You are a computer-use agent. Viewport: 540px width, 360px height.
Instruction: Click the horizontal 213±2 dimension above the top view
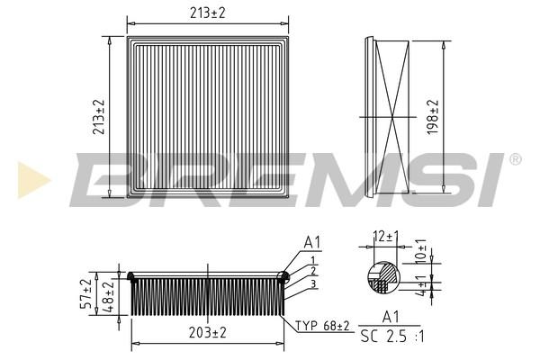pyautogui.click(x=208, y=13)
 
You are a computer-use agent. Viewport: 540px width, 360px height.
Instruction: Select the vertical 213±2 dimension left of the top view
pyautogui.click(x=98, y=117)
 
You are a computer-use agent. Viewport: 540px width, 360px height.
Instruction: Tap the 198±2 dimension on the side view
pyautogui.click(x=433, y=117)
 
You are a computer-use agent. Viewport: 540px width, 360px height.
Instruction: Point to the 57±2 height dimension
pyautogui.click(x=86, y=293)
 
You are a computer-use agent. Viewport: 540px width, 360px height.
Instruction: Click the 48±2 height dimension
pyautogui.click(x=108, y=297)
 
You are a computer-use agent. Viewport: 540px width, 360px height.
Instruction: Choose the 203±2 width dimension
pyautogui.click(x=208, y=332)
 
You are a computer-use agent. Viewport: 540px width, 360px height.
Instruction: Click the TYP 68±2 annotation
pyautogui.click(x=322, y=325)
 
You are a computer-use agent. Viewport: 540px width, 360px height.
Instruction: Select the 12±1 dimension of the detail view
pyautogui.click(x=386, y=237)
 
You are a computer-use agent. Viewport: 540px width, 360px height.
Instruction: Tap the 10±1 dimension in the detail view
pyautogui.click(x=421, y=251)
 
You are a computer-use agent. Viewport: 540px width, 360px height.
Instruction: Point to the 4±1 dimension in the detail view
pyautogui.click(x=421, y=285)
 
